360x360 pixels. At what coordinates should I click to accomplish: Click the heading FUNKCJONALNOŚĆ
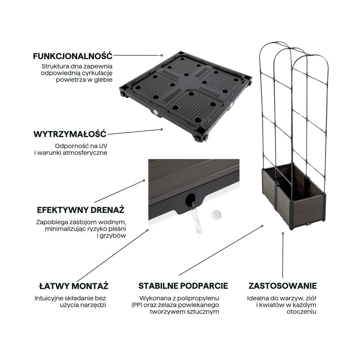(73, 56)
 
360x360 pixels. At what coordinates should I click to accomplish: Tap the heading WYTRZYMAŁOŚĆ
(70, 134)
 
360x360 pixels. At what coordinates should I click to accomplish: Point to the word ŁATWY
(54, 286)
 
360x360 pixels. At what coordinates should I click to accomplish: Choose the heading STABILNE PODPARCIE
(183, 286)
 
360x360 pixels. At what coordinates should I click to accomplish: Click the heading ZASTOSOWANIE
(282, 286)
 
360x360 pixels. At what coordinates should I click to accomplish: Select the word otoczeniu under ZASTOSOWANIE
(301, 312)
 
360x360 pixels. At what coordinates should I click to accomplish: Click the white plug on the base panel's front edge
(155, 112)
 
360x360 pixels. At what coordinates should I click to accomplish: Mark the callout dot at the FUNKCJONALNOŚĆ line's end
(162, 55)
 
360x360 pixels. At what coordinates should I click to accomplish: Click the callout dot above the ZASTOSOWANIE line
(283, 233)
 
